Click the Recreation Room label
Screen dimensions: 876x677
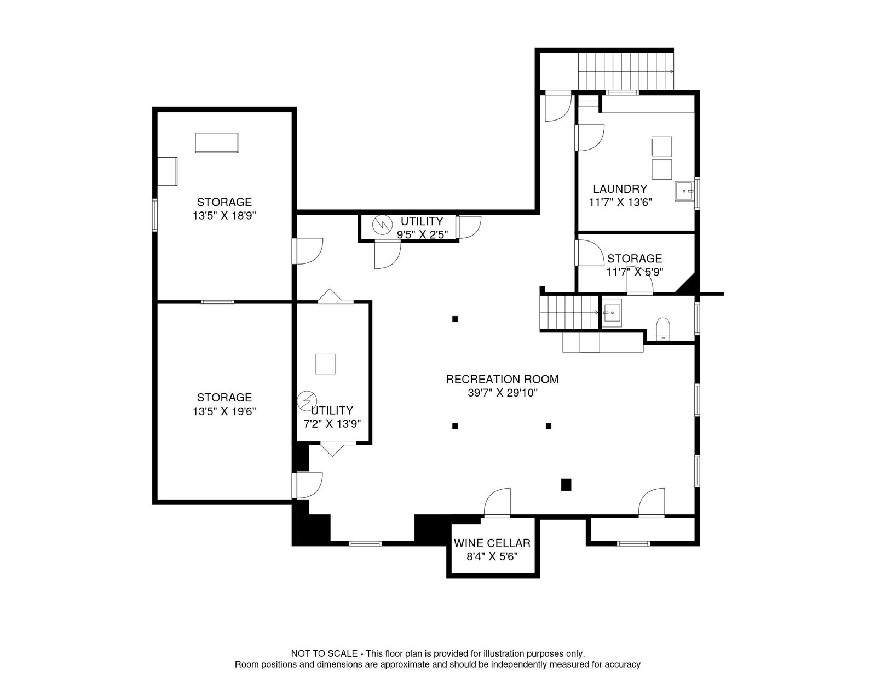point(502,379)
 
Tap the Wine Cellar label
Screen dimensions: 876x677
point(492,543)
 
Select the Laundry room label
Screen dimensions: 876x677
point(620,189)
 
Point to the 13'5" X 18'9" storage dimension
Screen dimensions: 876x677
point(224,216)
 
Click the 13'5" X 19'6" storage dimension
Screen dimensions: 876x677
point(224,411)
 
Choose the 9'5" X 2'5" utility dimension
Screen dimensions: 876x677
point(423,234)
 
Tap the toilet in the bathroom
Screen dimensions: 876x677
point(662,329)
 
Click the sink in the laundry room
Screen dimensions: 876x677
point(684,191)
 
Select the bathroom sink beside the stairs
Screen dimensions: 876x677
point(612,313)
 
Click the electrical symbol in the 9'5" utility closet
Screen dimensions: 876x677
point(382,225)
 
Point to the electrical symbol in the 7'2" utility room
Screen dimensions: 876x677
point(307,401)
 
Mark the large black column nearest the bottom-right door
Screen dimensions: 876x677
point(566,484)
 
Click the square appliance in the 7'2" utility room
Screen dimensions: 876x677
point(325,364)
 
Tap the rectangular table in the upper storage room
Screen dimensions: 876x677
point(216,143)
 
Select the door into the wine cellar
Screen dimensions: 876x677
point(497,502)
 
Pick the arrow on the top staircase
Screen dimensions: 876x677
point(671,72)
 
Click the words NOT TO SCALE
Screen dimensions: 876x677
point(324,653)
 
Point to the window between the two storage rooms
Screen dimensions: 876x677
point(218,301)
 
